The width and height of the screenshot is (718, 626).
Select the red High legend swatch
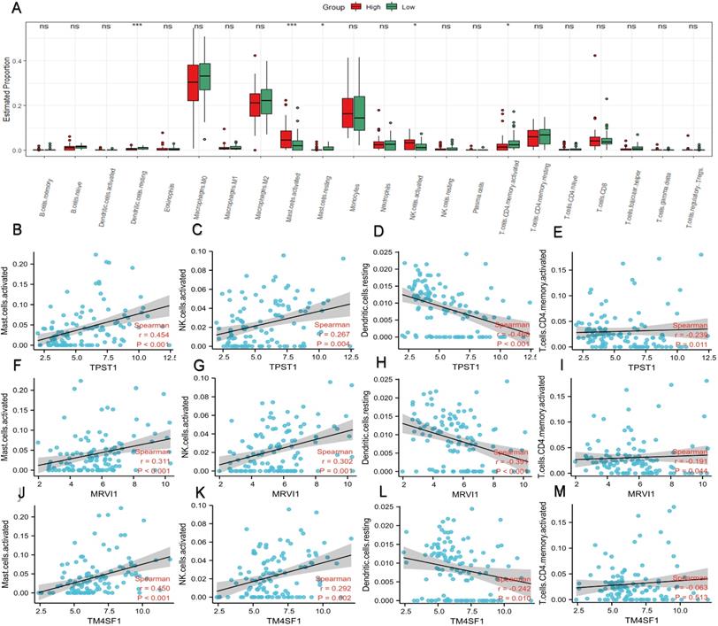click(x=356, y=6)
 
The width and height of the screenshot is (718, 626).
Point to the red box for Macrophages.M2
click(x=255, y=104)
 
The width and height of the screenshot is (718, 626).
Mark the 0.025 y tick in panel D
click(x=383, y=254)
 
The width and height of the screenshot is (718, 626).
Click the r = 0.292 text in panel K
click(x=333, y=588)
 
